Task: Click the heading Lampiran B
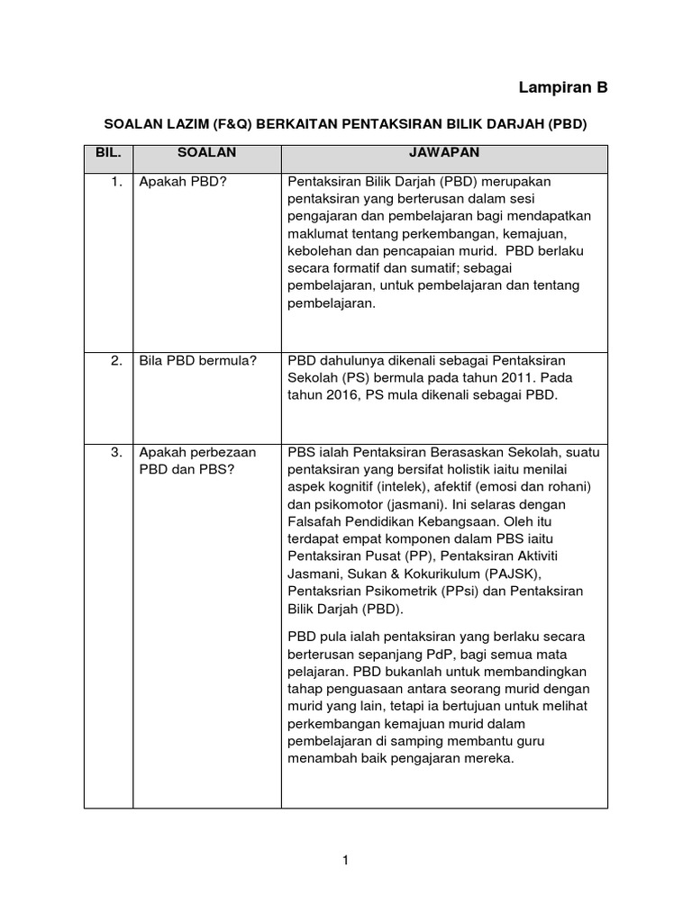click(x=563, y=87)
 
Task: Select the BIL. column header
click(x=108, y=153)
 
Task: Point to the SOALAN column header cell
click(x=206, y=153)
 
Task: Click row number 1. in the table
click(x=116, y=181)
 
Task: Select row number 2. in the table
click(x=116, y=361)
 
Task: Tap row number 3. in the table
click(x=116, y=452)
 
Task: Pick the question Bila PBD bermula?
click(x=197, y=361)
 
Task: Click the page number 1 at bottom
click(x=345, y=861)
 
